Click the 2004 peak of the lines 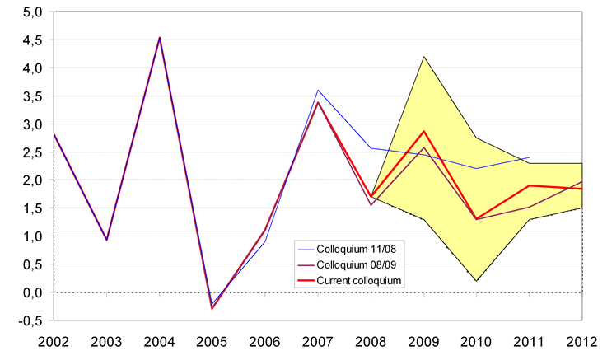pyautogui.click(x=160, y=38)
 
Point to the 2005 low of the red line pyautogui.click(x=212, y=308)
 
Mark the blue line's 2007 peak pyautogui.click(x=318, y=91)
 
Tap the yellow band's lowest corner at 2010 pyautogui.click(x=476, y=281)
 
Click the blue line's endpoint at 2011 pyautogui.click(x=529, y=157)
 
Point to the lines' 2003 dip pyautogui.click(x=107, y=240)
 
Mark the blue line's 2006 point pyautogui.click(x=265, y=241)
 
